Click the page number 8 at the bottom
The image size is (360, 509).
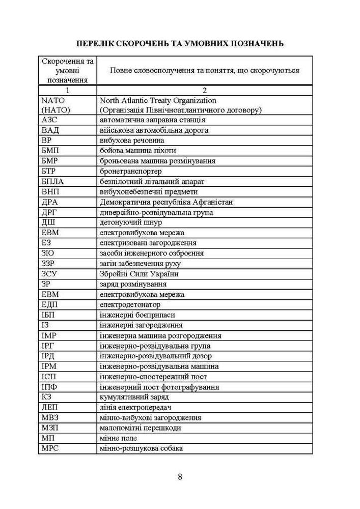tap(180, 477)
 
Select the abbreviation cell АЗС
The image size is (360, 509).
tap(49, 120)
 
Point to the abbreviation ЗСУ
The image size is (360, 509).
tap(49, 274)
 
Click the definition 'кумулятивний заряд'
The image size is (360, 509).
tap(134, 397)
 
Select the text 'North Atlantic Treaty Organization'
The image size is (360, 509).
tap(158, 101)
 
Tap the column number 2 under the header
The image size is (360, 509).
tap(204, 90)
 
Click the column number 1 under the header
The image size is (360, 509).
tap(68, 90)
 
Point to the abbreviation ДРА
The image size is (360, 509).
tap(50, 202)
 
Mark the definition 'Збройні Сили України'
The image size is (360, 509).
tap(139, 274)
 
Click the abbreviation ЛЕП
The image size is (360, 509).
tap(50, 407)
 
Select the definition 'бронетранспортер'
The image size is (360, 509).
tap(131, 171)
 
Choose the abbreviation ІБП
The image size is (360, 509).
tap(49, 315)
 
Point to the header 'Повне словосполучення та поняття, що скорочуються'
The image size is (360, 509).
tap(204, 70)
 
